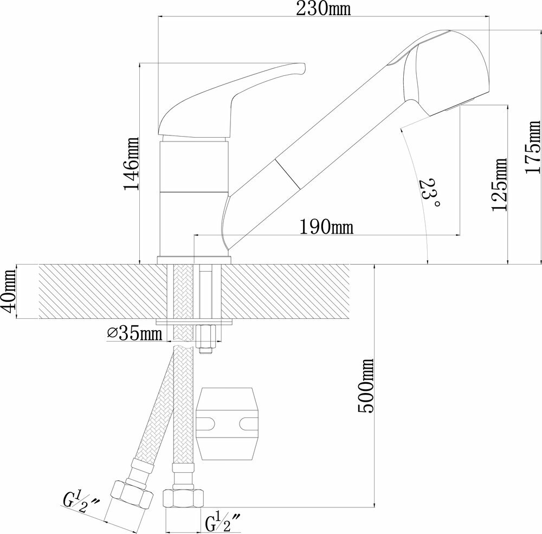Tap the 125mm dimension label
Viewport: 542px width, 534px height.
click(499, 184)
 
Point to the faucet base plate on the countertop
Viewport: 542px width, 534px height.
click(194, 261)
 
